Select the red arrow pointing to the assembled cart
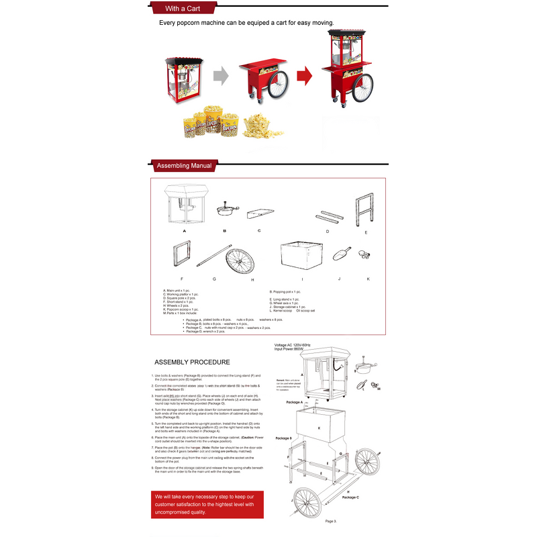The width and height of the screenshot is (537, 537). [x=305, y=74]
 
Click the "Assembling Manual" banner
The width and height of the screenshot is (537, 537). [x=183, y=165]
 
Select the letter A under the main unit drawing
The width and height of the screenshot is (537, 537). [x=184, y=230]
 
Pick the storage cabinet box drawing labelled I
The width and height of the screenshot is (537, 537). [x=302, y=255]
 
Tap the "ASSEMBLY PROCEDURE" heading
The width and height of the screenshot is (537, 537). [x=192, y=362]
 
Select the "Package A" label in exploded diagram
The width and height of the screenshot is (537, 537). [x=294, y=402]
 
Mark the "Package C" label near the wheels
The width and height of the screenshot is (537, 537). [x=350, y=497]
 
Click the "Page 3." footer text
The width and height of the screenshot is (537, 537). [x=331, y=521]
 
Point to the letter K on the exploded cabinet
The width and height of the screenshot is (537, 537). [x=319, y=428]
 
